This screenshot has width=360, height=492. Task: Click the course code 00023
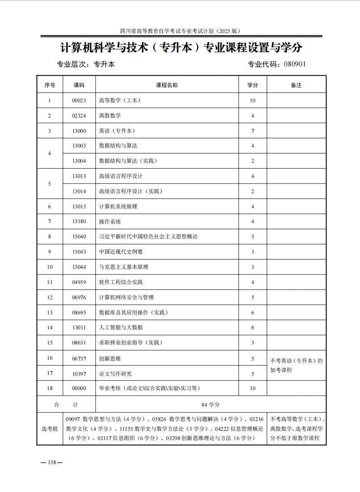point(79,101)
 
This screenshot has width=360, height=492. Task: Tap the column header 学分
point(253,85)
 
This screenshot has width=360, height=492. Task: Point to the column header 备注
point(296,85)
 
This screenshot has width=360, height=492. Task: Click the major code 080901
point(295,64)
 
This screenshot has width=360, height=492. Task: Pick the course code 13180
point(79,221)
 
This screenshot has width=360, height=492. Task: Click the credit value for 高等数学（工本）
point(253,101)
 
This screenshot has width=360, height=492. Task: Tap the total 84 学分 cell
point(210,405)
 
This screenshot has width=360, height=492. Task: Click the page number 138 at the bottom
point(52,462)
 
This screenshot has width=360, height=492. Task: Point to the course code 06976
point(79,297)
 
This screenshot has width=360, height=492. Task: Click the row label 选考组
point(49,429)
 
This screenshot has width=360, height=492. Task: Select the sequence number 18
point(49,388)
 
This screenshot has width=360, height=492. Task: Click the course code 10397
point(79,374)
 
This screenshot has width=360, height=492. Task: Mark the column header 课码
point(79,85)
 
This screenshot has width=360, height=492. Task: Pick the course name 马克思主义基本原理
point(123,267)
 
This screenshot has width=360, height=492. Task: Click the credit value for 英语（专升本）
point(253,131)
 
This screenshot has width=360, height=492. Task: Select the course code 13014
point(79,191)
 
